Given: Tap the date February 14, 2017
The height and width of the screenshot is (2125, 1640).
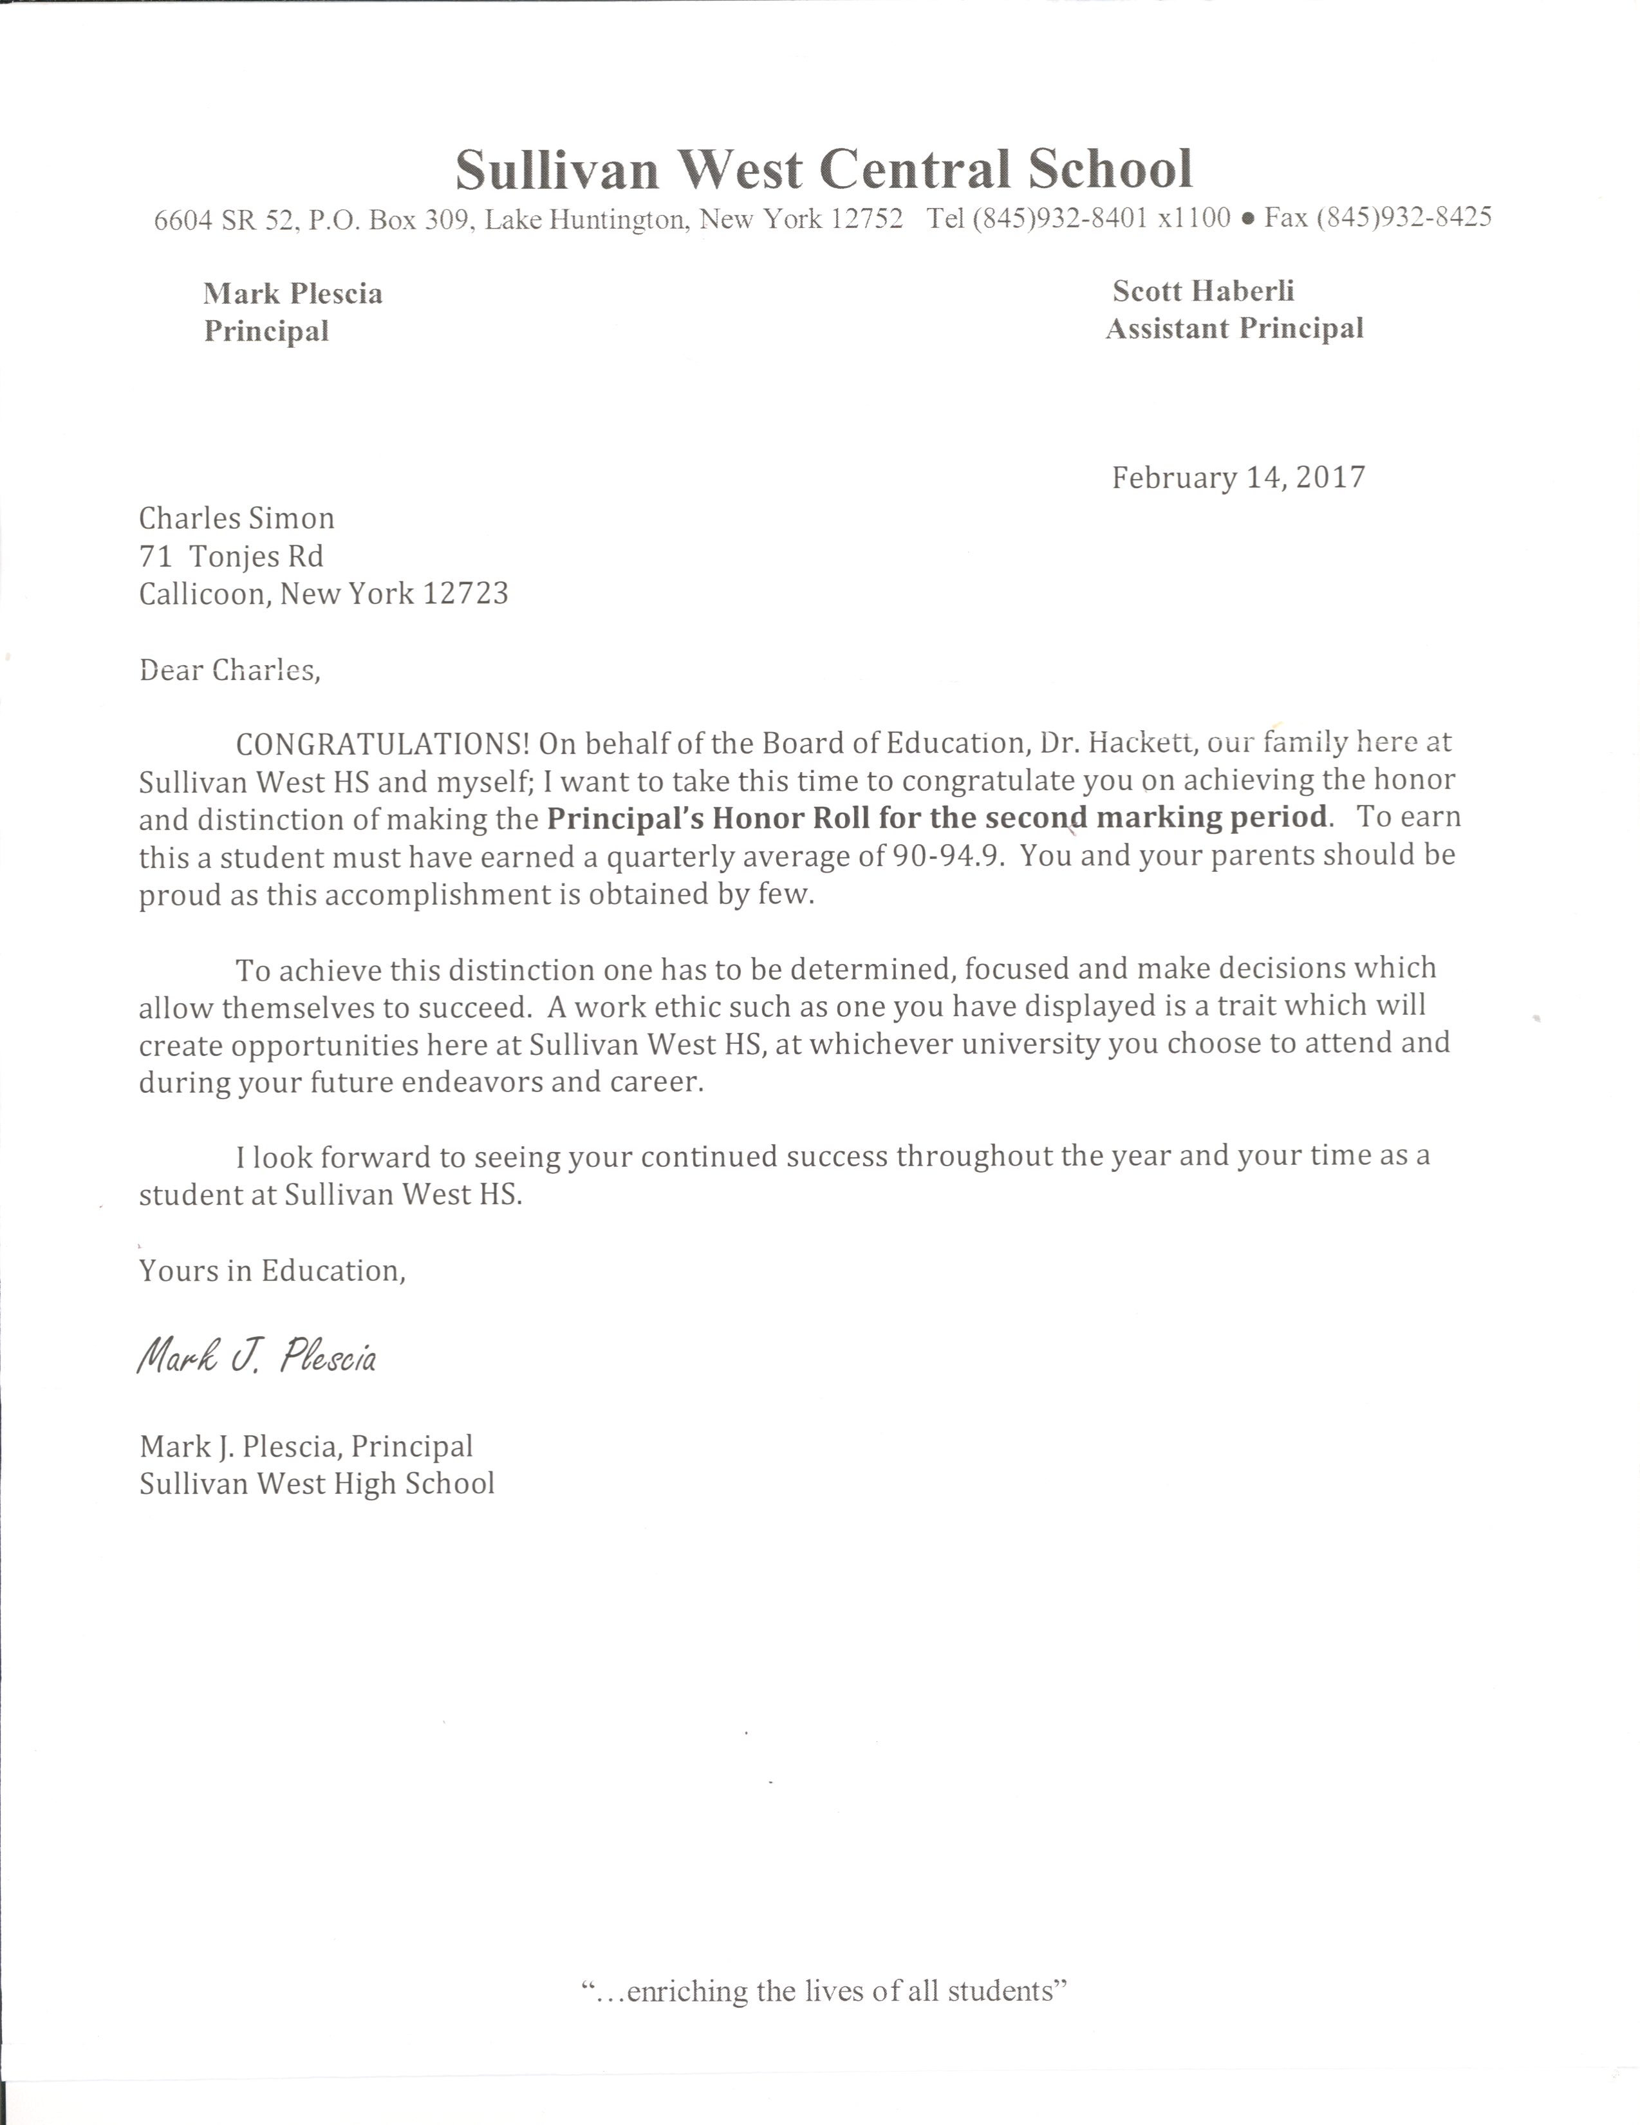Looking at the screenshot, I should [1238, 478].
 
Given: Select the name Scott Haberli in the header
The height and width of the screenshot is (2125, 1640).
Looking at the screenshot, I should [1203, 291].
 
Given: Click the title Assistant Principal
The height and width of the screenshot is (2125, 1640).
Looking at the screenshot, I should [1235, 329].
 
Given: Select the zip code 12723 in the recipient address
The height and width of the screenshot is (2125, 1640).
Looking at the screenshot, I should [465, 594].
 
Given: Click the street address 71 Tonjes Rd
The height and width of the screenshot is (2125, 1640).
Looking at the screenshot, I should [232, 556].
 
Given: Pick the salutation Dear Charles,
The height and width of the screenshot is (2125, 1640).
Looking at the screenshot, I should [230, 670].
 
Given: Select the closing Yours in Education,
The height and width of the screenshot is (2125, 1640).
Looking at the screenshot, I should [272, 1270].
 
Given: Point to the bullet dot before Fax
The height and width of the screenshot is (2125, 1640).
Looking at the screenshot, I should [1248, 220].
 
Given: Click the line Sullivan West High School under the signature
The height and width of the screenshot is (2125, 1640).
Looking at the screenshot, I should [317, 1484].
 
